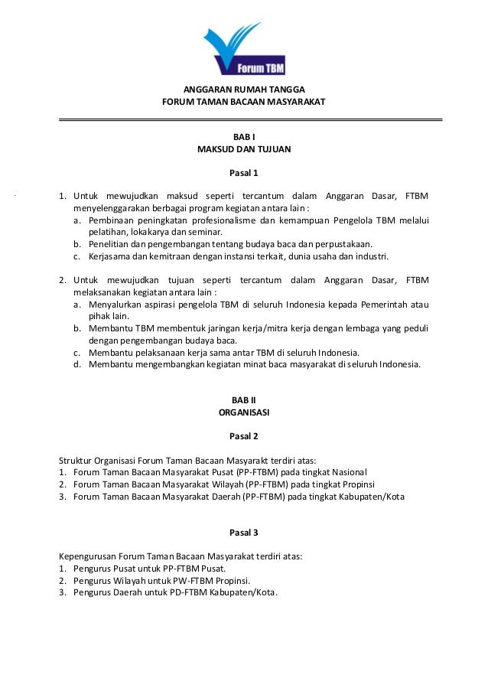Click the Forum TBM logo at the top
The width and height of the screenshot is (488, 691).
click(x=244, y=47)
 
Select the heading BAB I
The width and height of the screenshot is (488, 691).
click(x=244, y=136)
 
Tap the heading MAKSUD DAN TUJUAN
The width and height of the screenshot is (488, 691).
click(x=244, y=149)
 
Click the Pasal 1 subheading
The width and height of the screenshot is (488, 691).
click(x=244, y=172)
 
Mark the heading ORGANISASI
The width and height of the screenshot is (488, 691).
click(x=244, y=412)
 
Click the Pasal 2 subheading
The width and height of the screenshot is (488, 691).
click(x=244, y=436)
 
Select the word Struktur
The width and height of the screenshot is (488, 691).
click(x=76, y=460)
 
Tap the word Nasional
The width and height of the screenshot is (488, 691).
click(x=347, y=472)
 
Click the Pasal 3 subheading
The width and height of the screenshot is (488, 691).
click(x=244, y=532)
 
